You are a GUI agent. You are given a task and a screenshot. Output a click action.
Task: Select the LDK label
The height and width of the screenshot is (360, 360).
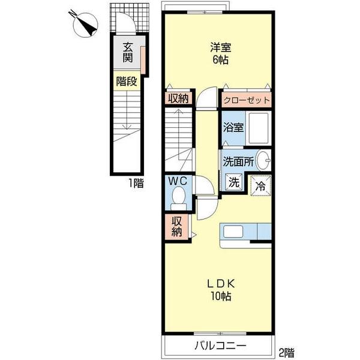pyautogui.click(x=220, y=284)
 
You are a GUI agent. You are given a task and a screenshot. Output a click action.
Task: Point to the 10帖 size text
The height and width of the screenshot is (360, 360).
pyautogui.click(x=221, y=296)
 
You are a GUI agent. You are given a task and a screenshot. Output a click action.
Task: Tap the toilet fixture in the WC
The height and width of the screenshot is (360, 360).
pyautogui.click(x=178, y=196)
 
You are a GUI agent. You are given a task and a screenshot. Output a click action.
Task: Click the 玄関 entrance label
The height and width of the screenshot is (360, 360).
pyautogui.click(x=128, y=53)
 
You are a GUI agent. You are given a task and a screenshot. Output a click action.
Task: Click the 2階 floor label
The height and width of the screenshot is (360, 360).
pyautogui.click(x=286, y=352)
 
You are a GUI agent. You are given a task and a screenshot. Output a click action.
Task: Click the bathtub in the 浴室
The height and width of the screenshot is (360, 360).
pyautogui.click(x=257, y=129)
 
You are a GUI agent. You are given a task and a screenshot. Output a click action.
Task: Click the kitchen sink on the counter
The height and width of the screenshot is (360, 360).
pyautogui.click(x=232, y=232)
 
